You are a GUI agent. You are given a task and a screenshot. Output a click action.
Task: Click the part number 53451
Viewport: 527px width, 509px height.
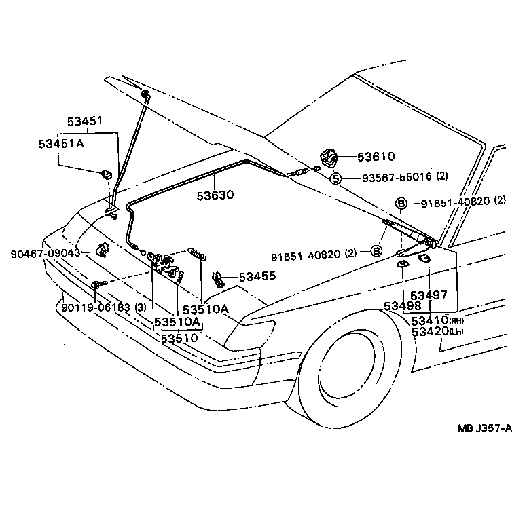85,121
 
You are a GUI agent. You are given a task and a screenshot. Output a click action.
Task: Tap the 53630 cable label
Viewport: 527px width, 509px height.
215,195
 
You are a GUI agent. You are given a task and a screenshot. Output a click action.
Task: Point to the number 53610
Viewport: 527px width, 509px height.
376,157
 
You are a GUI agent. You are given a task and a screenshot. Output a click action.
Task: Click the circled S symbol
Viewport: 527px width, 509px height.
335,178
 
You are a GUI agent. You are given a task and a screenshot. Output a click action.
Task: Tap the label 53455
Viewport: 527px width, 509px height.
257,277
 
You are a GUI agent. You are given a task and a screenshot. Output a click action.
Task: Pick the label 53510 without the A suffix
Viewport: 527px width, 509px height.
179,337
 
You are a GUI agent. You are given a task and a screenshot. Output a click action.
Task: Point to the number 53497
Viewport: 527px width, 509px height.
429,295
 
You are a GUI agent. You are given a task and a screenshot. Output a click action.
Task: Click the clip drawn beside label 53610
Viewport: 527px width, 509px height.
329,158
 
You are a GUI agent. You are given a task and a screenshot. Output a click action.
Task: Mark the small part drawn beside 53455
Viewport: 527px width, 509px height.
219,278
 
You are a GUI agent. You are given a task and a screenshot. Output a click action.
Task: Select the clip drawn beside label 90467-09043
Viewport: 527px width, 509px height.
103,250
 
